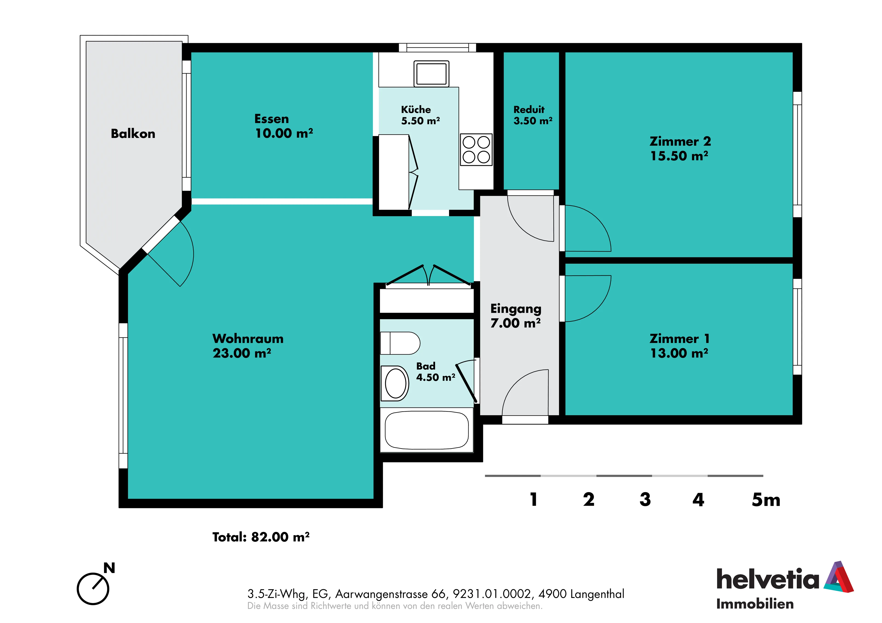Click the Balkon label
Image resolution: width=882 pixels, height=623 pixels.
[133, 134]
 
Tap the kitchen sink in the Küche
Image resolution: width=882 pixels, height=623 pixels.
[431, 73]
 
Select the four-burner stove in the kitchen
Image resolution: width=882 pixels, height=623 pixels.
[476, 149]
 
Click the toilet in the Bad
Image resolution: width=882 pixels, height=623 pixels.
[400, 343]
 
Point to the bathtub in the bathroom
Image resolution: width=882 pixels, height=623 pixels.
[426, 430]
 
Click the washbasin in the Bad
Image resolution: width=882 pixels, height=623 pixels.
[395, 383]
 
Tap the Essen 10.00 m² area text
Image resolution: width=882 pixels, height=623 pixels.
[284, 126]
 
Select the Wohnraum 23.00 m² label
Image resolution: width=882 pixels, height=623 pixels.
[248, 346]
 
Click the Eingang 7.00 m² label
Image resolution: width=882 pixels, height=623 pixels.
[515, 316]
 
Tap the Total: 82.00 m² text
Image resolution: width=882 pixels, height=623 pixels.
[261, 537]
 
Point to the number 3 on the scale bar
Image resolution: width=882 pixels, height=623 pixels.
[645, 499]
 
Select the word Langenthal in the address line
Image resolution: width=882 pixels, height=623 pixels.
[597, 594]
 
